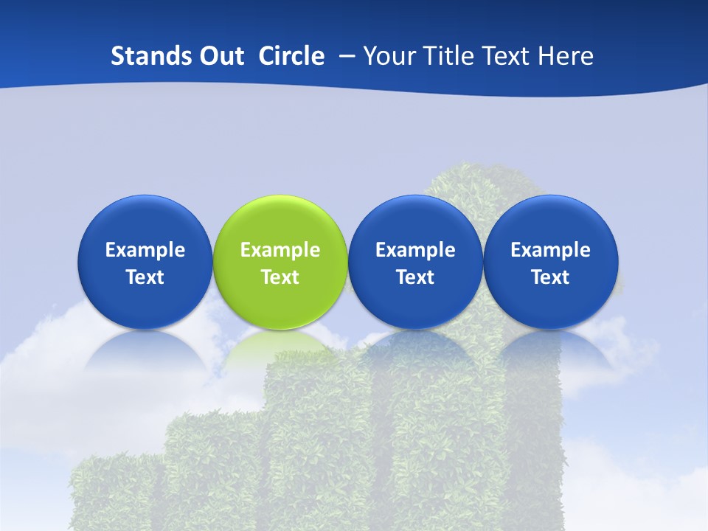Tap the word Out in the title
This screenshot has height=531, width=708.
click(x=221, y=56)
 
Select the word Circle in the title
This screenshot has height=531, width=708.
click(x=291, y=56)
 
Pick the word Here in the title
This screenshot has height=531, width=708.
click(x=567, y=56)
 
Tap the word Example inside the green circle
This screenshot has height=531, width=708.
click(x=280, y=250)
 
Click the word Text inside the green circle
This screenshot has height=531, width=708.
click(x=280, y=277)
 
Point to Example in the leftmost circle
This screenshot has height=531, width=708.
click(x=145, y=250)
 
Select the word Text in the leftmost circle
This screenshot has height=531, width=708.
click(x=145, y=277)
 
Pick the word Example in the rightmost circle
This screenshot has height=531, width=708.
click(x=551, y=250)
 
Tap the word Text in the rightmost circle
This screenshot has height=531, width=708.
click(x=551, y=277)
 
